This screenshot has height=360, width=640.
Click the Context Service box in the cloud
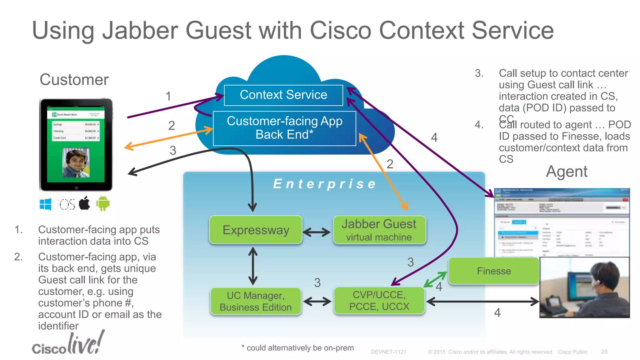[x=283, y=95]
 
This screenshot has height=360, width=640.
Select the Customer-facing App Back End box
[x=284, y=128]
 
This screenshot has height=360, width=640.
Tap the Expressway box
[x=256, y=230]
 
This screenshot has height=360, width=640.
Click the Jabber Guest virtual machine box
[x=379, y=230]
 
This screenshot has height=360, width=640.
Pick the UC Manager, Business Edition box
[x=256, y=301]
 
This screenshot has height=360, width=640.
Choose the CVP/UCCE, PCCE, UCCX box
[x=379, y=301]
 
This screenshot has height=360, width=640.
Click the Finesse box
[x=494, y=271]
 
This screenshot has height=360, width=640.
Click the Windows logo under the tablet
[x=46, y=204]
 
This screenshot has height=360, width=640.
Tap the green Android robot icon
[x=103, y=203]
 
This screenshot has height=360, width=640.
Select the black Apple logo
[x=84, y=203]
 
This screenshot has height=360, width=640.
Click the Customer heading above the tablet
[x=74, y=80]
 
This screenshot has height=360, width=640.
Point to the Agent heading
[x=566, y=172]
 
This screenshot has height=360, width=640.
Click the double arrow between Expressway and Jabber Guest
[x=317, y=232]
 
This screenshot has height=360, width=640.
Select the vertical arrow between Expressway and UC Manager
[x=253, y=266]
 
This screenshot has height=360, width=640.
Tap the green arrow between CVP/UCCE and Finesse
[x=435, y=279]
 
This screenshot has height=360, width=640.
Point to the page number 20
[x=604, y=352]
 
